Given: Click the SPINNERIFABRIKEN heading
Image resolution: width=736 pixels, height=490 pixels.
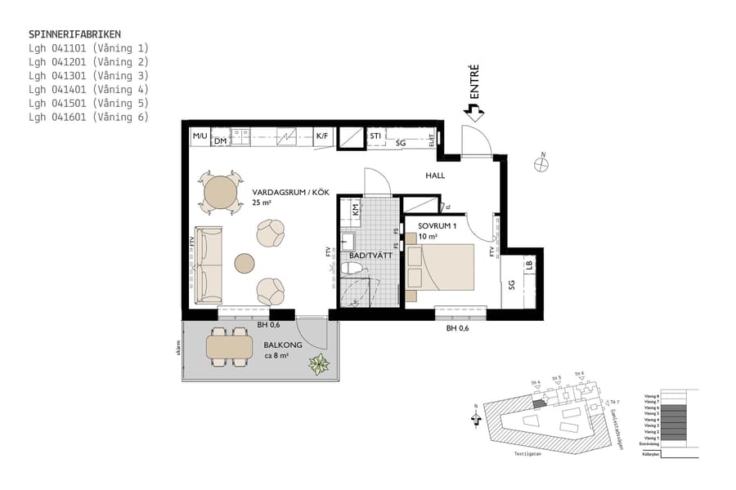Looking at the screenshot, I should tap(74, 34).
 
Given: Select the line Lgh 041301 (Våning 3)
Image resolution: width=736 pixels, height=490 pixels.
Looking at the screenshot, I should tap(88, 76).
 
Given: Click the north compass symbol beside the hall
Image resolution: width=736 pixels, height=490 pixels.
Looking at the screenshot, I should tap(541, 163).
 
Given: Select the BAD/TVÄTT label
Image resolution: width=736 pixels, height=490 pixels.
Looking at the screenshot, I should tap(371, 256).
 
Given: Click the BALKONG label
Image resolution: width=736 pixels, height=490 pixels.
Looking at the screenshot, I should tap(283, 345).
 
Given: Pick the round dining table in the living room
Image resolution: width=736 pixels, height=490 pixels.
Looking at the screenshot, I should tap(220, 194).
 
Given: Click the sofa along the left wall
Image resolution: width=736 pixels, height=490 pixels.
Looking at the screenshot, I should tap(209, 264).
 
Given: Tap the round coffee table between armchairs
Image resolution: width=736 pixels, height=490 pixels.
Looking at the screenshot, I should tap(245, 263).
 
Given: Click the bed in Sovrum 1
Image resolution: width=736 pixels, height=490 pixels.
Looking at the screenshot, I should tap(441, 267).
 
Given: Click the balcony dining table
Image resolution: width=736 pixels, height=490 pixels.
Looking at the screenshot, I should tap(230, 348).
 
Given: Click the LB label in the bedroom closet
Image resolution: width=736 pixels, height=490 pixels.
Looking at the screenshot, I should tap(529, 265).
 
